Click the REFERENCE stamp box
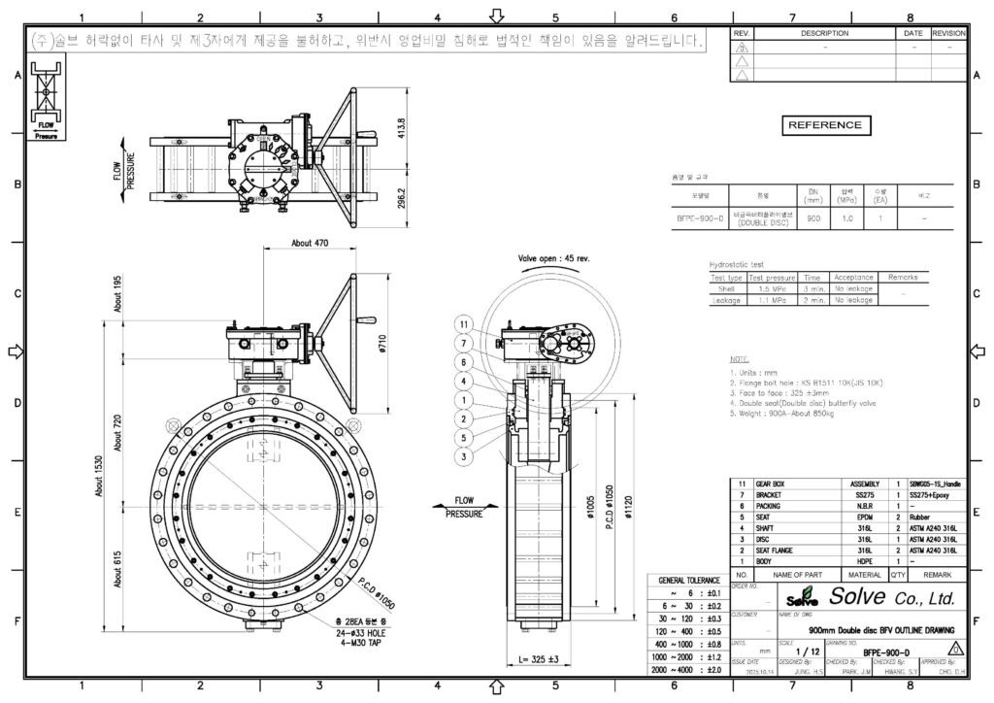click(x=824, y=125)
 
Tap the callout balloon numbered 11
click(x=464, y=324)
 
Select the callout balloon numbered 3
click(x=464, y=456)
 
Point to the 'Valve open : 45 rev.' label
click(x=558, y=259)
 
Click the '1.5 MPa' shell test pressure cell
click(x=772, y=288)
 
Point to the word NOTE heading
click(x=739, y=359)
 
